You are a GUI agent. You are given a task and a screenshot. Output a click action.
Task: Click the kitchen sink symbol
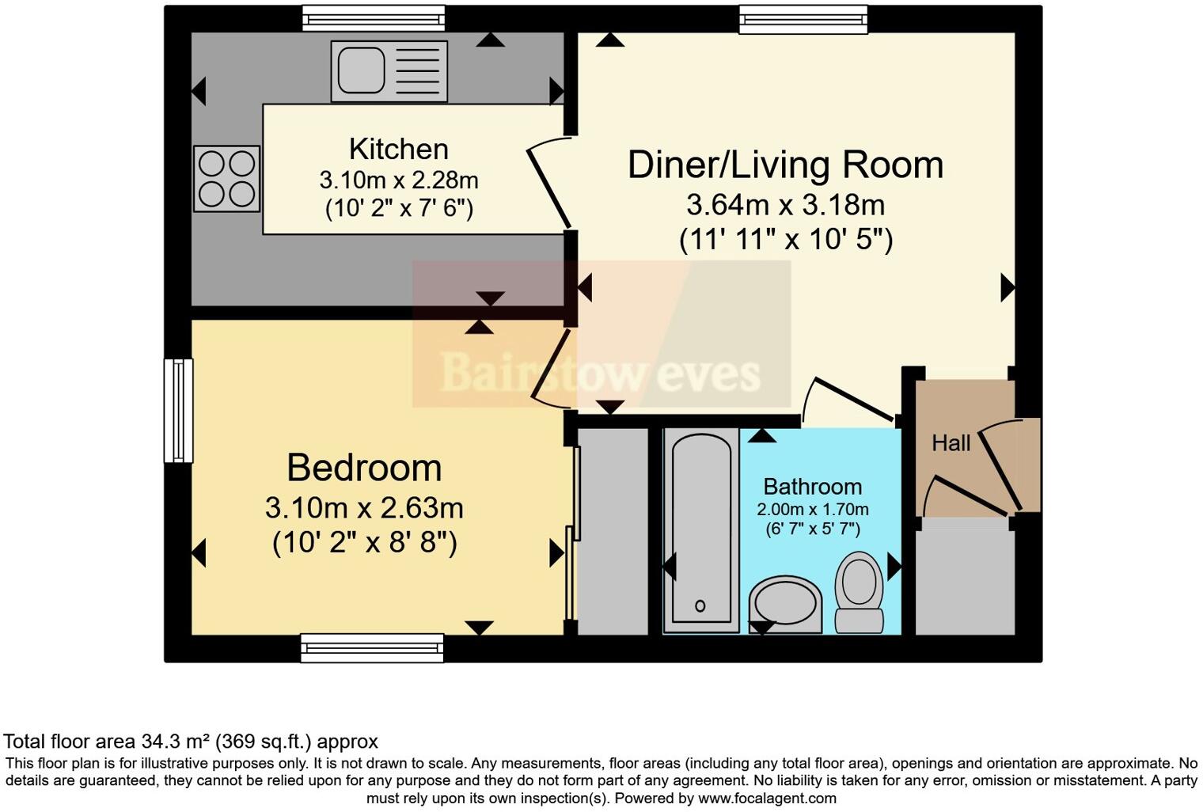[389, 71]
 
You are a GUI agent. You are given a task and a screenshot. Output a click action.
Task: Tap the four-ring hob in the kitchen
[226, 178]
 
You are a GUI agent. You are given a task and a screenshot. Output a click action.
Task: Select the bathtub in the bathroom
[701, 529]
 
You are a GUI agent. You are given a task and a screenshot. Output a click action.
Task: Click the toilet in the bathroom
[860, 592]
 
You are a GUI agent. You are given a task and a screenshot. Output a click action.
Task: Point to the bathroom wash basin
[785, 605]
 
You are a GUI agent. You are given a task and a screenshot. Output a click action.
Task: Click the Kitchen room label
[399, 149]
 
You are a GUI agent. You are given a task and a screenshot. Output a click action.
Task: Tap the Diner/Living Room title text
[785, 165]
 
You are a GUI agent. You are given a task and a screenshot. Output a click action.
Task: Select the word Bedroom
[364, 468]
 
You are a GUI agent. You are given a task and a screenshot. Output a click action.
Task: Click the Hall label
[951, 443]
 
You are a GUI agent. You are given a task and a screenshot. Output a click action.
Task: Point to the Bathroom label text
[812, 487]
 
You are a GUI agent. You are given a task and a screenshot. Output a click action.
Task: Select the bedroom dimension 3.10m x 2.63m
[364, 507]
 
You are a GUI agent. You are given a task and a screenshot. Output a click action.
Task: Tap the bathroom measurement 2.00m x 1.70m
[812, 510]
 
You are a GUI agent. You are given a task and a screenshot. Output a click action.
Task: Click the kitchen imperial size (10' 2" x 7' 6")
[399, 209]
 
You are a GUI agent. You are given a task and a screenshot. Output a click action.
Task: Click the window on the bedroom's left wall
[178, 410]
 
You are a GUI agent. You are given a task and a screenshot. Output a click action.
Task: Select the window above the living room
[803, 18]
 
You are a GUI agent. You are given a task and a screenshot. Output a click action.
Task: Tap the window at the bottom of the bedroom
[372, 647]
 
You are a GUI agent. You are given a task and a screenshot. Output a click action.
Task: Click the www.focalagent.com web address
[767, 798]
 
